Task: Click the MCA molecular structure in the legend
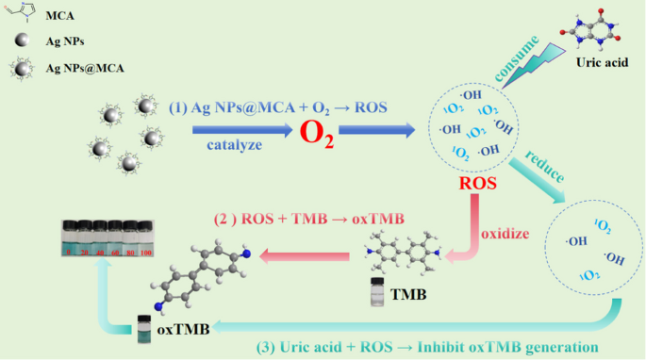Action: [x=24, y=12]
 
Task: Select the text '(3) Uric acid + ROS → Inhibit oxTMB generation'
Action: [x=426, y=346]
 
